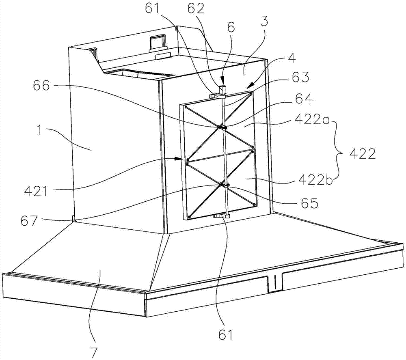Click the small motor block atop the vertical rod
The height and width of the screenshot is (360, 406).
click(x=222, y=89)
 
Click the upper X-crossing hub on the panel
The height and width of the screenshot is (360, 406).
click(x=222, y=127)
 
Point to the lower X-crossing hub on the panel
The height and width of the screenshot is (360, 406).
click(x=223, y=185)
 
